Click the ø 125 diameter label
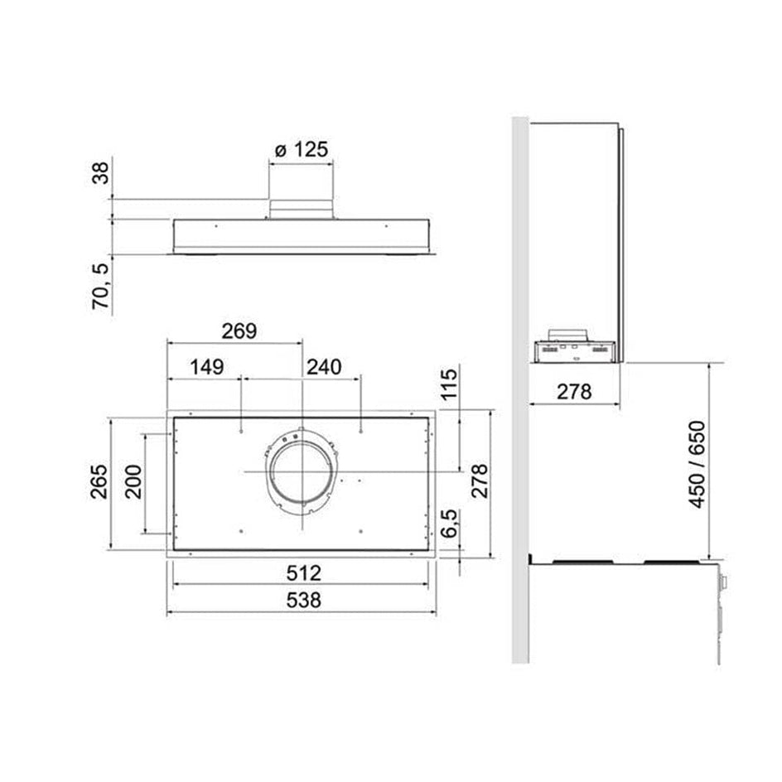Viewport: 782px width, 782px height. tap(302, 150)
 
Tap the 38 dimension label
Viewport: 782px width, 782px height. tap(101, 173)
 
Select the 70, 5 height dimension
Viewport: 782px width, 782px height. tap(101, 287)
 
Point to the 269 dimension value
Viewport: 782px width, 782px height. tap(239, 331)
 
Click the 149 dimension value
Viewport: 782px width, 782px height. tap(207, 367)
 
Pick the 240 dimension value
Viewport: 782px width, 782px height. tap(324, 367)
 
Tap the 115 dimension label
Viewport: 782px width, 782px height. tap(449, 384)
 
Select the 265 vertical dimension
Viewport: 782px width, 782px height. tap(99, 481)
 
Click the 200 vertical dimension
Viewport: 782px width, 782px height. tap(133, 482)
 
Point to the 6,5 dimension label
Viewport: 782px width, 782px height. tap(450, 524)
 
